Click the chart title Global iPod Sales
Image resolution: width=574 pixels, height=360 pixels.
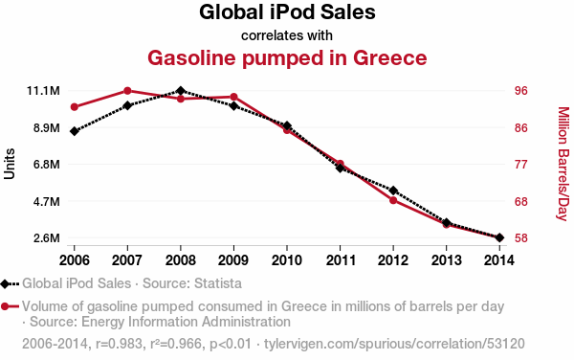click(287, 12)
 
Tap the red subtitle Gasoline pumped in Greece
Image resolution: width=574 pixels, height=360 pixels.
click(287, 58)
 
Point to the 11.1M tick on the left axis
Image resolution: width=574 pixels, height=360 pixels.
click(43, 90)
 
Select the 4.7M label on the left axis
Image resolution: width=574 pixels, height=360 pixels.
click(47, 201)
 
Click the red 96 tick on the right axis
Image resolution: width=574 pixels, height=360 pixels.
click(521, 90)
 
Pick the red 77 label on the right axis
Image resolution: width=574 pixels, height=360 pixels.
click(521, 165)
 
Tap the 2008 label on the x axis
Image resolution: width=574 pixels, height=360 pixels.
click(181, 260)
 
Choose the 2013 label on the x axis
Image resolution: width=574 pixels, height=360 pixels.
click(446, 260)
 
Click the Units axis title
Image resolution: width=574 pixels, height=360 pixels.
click(10, 164)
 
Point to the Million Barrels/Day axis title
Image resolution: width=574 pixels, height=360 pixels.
click(563, 164)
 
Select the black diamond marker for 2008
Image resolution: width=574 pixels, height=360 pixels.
click(181, 90)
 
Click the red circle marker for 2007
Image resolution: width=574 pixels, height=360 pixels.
click(127, 91)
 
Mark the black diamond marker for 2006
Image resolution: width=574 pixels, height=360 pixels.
click(75, 131)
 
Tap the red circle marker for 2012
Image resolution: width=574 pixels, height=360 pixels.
click(393, 200)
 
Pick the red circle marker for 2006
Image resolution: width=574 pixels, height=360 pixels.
click(75, 107)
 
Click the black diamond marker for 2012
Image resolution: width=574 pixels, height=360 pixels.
click(393, 191)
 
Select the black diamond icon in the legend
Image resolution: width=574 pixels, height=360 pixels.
click(5, 283)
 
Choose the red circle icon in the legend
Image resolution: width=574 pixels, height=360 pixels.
click(5, 306)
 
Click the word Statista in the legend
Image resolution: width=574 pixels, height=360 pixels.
click(218, 283)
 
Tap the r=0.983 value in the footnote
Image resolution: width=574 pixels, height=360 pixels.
click(119, 344)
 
